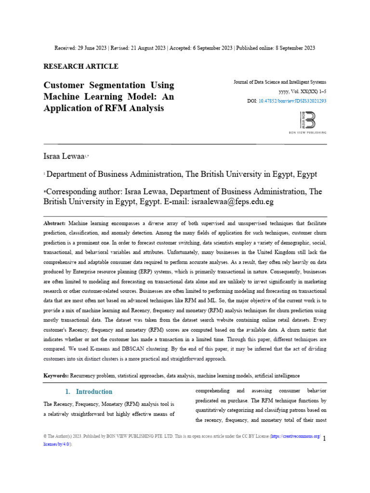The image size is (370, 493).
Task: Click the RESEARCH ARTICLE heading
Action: point(80,66)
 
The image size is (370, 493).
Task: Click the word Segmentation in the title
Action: point(111,86)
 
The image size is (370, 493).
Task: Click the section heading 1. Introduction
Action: point(89,391)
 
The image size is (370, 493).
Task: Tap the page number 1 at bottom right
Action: point(324,438)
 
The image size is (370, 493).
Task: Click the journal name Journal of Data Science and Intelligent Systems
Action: point(279,82)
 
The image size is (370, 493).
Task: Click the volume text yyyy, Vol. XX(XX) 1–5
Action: point(302,91)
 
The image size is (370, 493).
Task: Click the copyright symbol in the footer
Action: point(45,436)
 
